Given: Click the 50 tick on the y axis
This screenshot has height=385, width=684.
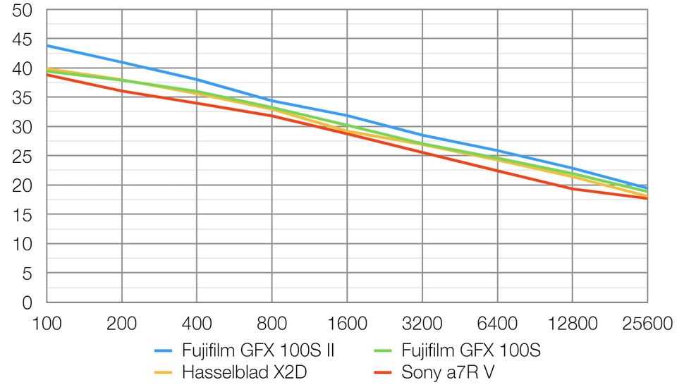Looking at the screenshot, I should (22, 11).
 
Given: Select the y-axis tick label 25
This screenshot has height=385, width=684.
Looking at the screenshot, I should (22, 157).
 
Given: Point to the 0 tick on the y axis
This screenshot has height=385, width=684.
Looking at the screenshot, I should (28, 303).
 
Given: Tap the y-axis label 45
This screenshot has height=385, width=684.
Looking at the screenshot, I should (22, 40).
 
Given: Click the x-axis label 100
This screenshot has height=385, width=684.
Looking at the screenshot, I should (47, 324).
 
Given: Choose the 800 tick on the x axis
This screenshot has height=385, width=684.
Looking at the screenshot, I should (272, 324).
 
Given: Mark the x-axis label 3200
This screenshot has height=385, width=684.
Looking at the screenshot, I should (422, 324).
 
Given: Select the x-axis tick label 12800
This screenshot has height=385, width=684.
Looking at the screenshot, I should (572, 324).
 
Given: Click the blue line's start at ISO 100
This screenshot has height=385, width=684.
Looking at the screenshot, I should (47, 46).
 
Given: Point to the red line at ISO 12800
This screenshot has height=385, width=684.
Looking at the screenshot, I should (572, 188).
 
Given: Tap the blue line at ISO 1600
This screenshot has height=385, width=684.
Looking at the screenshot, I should (347, 115).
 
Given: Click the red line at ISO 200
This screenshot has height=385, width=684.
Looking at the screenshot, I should (122, 90).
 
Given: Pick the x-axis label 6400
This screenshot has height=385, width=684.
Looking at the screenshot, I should (497, 324).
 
